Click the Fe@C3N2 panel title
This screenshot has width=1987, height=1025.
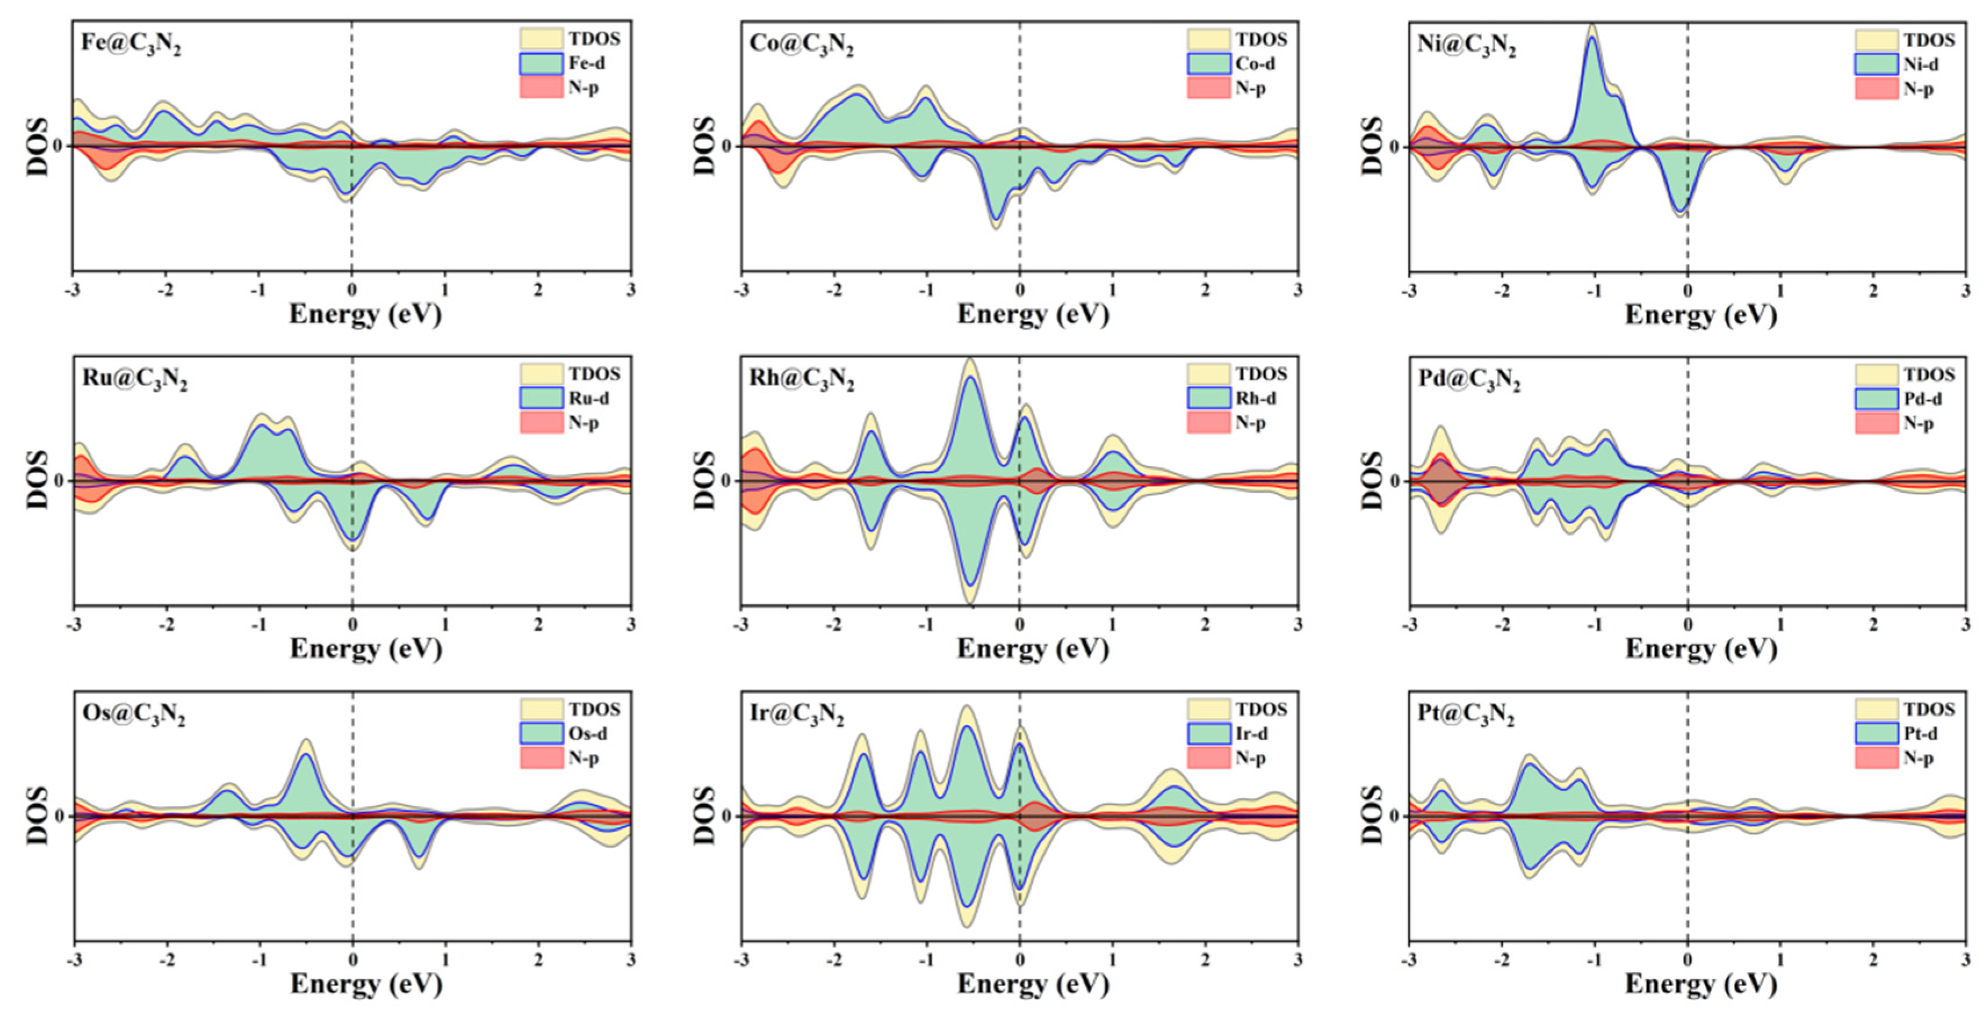(131, 43)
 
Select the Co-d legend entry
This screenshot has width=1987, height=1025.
(1254, 64)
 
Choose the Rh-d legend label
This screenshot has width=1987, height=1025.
(1255, 399)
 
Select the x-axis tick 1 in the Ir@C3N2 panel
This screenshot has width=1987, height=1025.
(1112, 960)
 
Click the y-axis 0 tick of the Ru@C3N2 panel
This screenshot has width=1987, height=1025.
(59, 481)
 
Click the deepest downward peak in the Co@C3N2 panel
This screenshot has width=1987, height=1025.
(996, 221)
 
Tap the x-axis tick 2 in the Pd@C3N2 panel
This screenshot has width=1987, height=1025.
(1873, 625)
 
